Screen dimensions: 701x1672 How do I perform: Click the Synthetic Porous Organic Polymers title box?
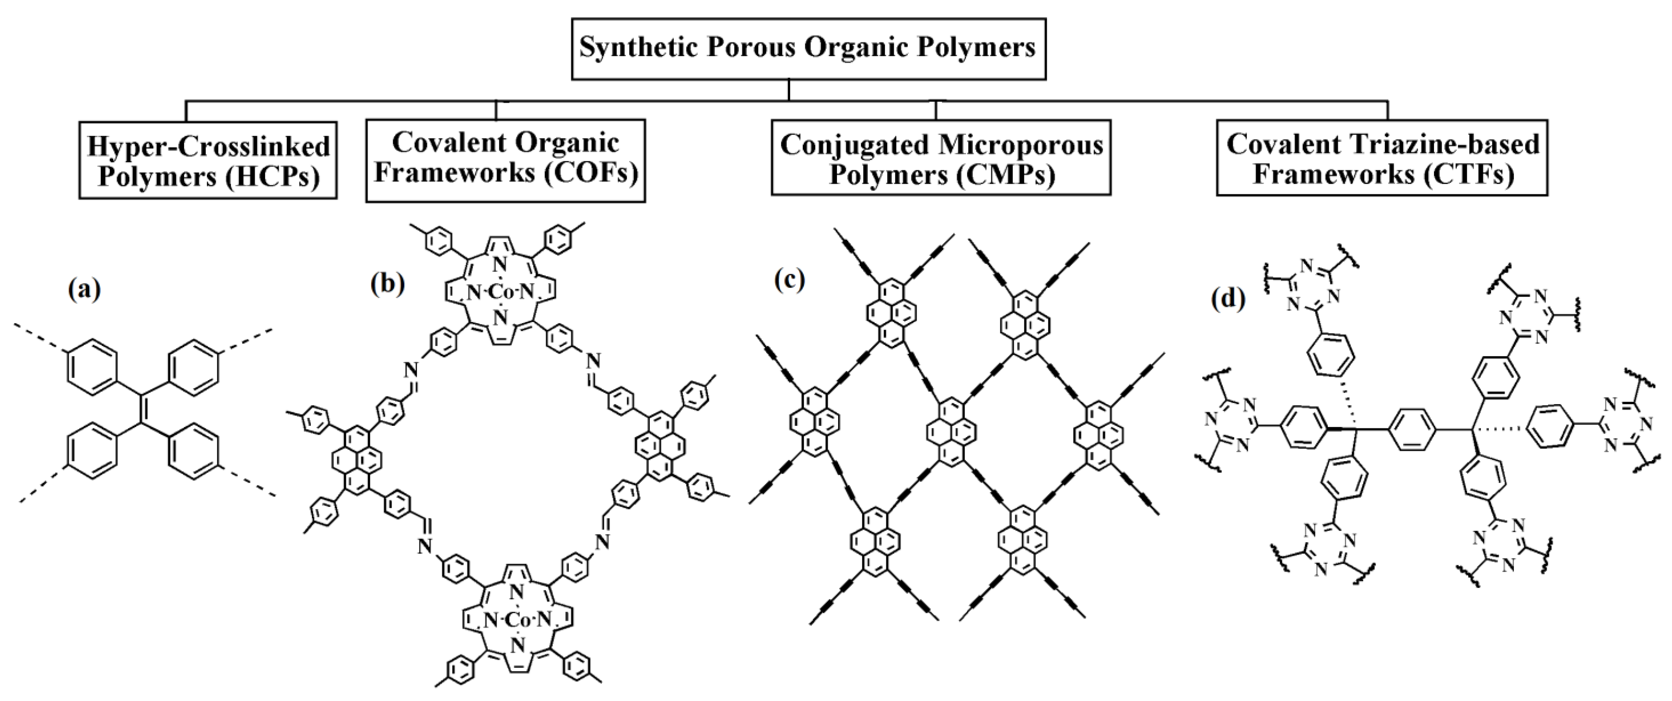[808, 49]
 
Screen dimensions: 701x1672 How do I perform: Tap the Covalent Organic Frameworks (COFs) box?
[506, 160]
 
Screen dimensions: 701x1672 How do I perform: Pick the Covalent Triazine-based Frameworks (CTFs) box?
[1382, 158]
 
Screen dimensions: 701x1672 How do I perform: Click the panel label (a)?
[84, 290]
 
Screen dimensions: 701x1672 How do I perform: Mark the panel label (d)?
[1229, 298]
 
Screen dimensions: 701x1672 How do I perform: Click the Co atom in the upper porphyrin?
[500, 293]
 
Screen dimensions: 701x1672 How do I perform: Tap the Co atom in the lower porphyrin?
[517, 620]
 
